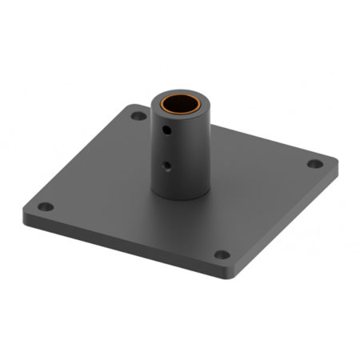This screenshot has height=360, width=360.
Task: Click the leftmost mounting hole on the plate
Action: (x=46, y=206)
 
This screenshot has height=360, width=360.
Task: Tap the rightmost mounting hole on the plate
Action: (x=315, y=164)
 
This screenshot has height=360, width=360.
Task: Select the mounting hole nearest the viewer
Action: (x=222, y=255)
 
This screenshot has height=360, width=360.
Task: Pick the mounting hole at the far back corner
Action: (x=138, y=116)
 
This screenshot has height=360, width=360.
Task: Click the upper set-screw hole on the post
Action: (x=167, y=128)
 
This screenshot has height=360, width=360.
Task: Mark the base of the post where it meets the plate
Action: (x=181, y=195)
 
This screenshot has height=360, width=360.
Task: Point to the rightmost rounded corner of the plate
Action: (x=334, y=164)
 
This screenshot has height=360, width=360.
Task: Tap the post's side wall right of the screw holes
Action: (x=196, y=152)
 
